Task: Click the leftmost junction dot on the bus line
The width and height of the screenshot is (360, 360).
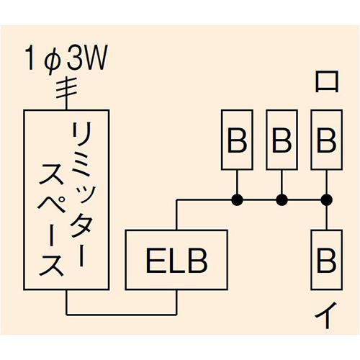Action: click(237, 199)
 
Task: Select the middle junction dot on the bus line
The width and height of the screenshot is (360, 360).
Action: click(282, 199)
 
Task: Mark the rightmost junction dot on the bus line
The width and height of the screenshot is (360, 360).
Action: click(326, 199)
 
